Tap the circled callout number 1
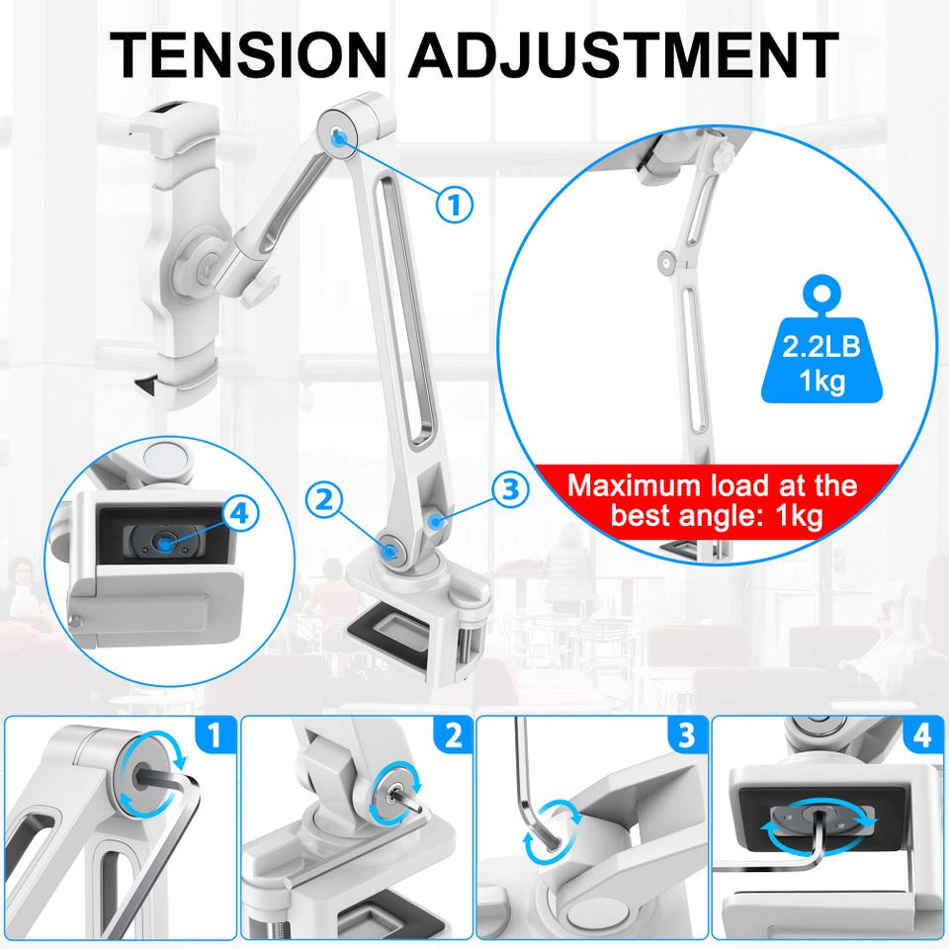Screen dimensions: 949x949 pyautogui.click(x=455, y=204)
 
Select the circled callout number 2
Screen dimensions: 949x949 pyautogui.click(x=324, y=501)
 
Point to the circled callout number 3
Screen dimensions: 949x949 pyautogui.click(x=510, y=489)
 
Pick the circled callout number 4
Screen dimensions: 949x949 pyautogui.click(x=240, y=513)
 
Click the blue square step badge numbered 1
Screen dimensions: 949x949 pyautogui.click(x=215, y=734)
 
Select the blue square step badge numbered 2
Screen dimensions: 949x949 pyautogui.click(x=454, y=734)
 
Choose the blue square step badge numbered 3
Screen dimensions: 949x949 pyautogui.click(x=686, y=734)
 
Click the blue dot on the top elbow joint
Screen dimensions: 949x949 pyautogui.click(x=339, y=139)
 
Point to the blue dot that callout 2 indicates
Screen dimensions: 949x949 pyautogui.click(x=389, y=551)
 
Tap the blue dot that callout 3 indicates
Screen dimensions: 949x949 pyautogui.click(x=435, y=522)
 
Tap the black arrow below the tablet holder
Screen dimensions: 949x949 pyautogui.click(x=147, y=385)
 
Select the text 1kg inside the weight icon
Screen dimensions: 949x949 pyautogui.click(x=821, y=381)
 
